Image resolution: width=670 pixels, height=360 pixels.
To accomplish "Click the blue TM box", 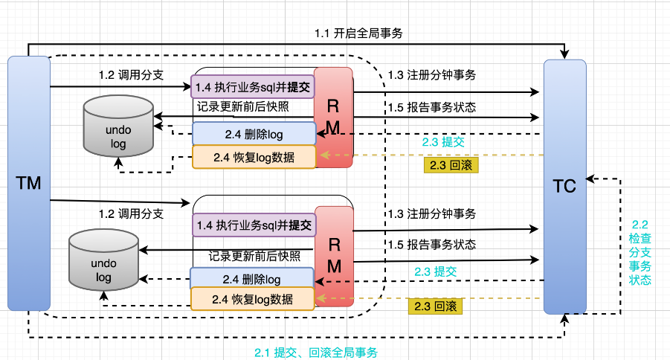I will coord(29,183).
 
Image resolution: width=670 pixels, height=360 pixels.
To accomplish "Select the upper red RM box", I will coord(333,115).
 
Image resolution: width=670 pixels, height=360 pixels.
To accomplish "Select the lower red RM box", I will coord(334,254).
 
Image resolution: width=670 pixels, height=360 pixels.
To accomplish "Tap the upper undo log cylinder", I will coord(118,128).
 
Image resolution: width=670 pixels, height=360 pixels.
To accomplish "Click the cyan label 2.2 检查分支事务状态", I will coord(640,253).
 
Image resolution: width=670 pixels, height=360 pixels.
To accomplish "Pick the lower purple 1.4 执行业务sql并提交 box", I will coord(253,224).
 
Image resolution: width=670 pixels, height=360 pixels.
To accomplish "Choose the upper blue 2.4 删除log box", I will coord(253,135).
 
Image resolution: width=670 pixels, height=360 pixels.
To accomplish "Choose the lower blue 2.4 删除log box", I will coord(252,279).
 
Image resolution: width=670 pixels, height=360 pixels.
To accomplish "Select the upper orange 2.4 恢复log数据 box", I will coord(254,157).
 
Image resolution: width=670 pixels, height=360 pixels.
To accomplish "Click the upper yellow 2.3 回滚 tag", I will coord(451,165).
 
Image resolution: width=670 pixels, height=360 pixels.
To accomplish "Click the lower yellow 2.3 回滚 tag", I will coord(435,306).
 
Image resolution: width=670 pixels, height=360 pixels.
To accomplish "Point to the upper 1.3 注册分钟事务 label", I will coord(432,74).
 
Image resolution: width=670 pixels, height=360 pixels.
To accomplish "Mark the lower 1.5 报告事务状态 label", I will coord(431,245).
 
